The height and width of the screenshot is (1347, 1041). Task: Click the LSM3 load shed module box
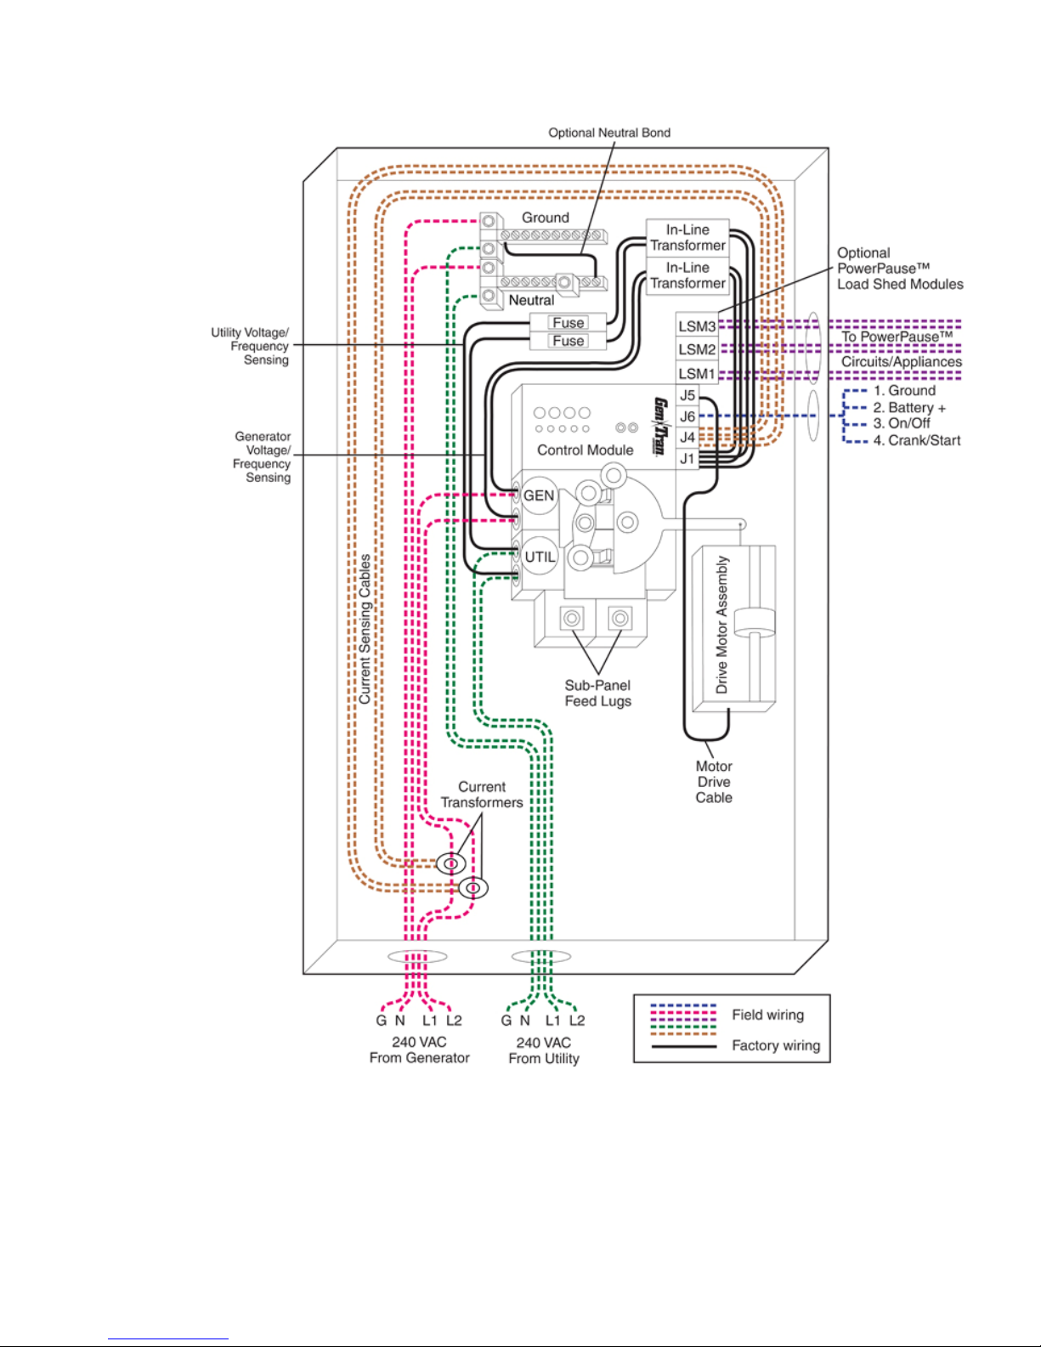point(697,325)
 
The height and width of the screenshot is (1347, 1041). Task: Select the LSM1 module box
point(697,373)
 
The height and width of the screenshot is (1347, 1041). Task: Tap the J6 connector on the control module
point(687,416)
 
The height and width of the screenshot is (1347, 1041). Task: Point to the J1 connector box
point(687,459)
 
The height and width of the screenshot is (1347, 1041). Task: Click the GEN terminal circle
point(539,496)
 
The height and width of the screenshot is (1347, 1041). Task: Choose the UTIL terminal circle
point(539,557)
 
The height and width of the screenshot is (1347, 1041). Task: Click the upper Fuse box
point(568,322)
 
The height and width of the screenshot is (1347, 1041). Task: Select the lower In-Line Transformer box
point(687,276)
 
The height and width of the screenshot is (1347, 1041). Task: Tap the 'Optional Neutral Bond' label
point(609,133)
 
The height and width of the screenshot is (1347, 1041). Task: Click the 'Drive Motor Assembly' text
point(721,625)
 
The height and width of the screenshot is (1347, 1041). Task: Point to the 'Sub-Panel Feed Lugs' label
point(598,693)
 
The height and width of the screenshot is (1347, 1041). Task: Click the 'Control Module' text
point(585,450)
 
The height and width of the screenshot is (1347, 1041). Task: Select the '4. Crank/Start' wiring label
point(916,441)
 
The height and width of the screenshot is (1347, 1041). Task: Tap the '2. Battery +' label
point(909,408)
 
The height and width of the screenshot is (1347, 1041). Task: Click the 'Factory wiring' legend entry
point(776,1046)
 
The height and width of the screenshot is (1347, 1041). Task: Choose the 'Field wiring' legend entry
point(767,1015)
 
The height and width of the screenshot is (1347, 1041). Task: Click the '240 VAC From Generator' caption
point(420,1050)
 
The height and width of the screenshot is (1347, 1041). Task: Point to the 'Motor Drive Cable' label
point(714,782)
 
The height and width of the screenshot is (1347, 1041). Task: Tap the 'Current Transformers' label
point(482,795)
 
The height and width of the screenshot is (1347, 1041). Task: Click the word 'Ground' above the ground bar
point(546,218)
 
